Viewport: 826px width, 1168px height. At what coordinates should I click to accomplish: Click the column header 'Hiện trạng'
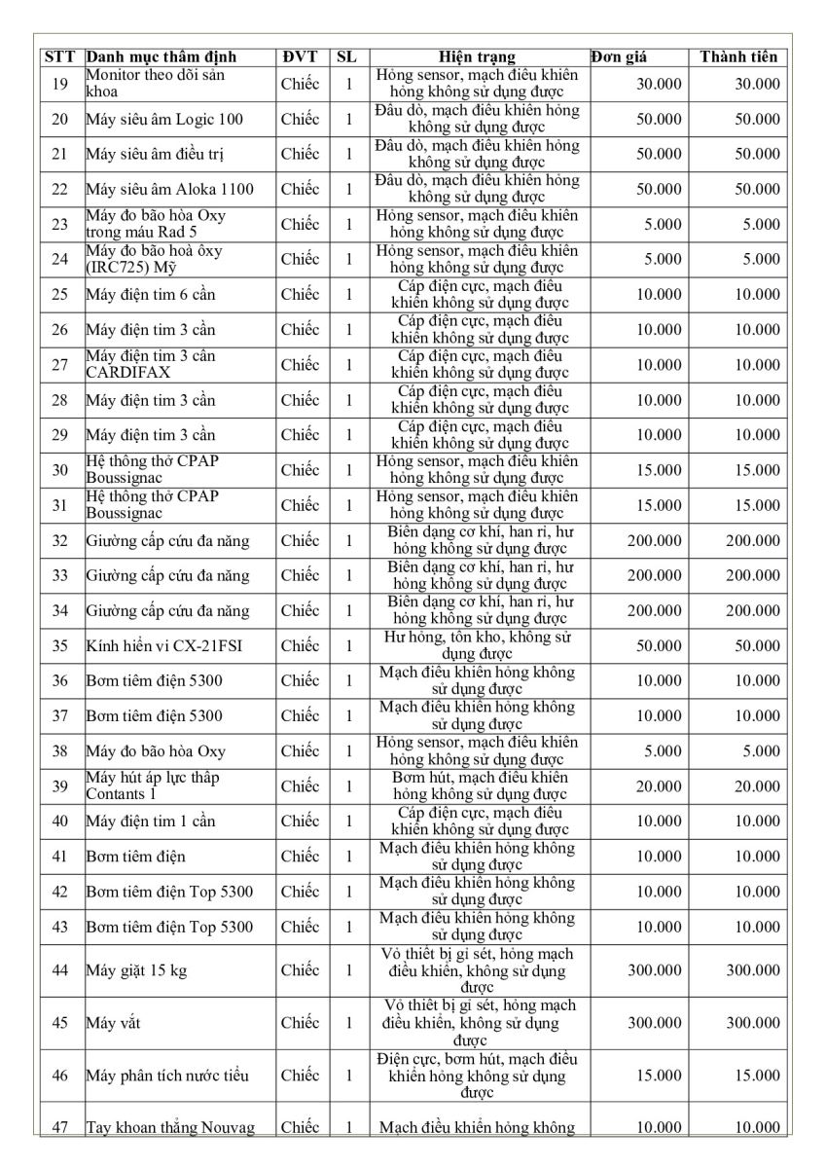tap(477, 56)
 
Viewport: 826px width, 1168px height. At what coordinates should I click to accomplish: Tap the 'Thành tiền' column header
tap(738, 56)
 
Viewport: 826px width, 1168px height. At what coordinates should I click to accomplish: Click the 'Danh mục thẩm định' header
tap(162, 56)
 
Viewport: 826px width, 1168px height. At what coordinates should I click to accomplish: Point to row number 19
tap(59, 84)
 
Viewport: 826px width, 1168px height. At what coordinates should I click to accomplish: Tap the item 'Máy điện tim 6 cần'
tap(151, 295)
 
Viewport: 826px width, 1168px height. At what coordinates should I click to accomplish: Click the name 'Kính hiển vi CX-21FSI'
tap(156, 645)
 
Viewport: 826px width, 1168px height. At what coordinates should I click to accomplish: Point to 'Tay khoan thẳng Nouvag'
tap(170, 1127)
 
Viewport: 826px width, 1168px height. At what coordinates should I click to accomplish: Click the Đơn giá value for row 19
tap(659, 85)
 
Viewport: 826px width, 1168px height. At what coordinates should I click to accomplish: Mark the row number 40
tap(59, 821)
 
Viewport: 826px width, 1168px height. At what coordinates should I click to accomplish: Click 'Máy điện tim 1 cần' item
tap(151, 821)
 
